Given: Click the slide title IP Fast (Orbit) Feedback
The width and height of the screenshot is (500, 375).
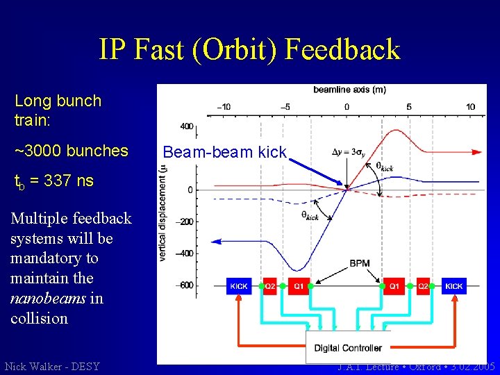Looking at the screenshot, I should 249,49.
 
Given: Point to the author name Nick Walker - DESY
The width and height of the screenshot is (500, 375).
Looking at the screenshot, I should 52,366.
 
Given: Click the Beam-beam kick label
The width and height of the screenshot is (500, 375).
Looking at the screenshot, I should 224,153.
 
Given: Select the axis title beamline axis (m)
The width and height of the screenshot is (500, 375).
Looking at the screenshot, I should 349,90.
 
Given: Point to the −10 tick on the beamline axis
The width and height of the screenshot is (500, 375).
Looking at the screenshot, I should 224,107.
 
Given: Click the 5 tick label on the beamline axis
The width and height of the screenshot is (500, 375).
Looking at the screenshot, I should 408,107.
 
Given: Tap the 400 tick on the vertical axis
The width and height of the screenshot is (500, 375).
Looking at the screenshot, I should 187,126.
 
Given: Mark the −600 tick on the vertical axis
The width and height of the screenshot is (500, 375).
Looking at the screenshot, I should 184,285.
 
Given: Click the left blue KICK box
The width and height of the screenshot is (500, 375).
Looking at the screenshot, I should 239,286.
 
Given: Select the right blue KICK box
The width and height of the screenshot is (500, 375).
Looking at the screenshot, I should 453,286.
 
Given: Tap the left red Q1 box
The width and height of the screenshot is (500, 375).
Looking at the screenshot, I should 297,286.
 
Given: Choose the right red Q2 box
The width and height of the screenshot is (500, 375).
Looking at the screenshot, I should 423,286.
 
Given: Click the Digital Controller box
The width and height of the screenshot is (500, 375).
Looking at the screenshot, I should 348,347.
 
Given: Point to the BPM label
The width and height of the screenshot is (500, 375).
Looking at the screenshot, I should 359,264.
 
